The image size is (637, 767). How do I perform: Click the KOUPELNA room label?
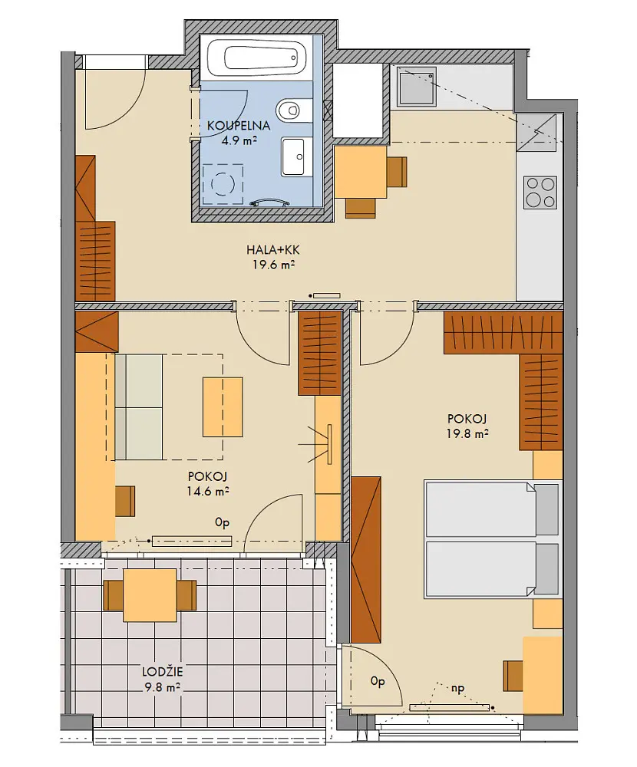[239, 126]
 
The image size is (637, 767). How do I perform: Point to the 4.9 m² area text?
[239, 141]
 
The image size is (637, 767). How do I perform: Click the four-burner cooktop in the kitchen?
[540, 192]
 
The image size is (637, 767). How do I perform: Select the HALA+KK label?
[272, 251]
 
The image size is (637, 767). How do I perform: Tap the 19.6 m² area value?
[273, 265]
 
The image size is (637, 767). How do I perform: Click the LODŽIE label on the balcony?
[162, 672]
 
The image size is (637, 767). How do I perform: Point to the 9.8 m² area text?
[163, 688]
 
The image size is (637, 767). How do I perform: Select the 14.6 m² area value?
[207, 492]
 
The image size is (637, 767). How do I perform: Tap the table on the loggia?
[150, 595]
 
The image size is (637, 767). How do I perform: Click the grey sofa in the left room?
[139, 407]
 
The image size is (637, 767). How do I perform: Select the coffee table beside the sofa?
[223, 407]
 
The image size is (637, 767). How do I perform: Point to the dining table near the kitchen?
[361, 172]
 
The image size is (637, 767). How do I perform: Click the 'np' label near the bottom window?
[457, 689]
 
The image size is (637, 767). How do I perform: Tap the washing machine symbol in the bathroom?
[223, 184]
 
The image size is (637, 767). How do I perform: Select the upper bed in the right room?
[492, 509]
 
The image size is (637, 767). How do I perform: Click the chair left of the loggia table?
[114, 595]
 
